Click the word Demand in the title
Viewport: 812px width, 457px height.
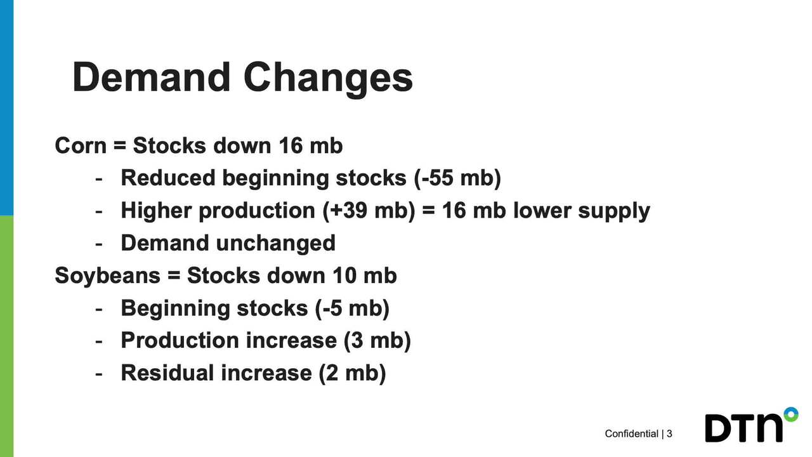click(152, 77)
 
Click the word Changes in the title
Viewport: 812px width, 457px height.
click(328, 80)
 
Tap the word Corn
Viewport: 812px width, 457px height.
click(81, 146)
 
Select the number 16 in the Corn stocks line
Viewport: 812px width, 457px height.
click(291, 146)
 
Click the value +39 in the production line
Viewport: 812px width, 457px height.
click(349, 210)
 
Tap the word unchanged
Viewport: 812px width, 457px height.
click(275, 243)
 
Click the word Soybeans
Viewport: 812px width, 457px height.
click(108, 275)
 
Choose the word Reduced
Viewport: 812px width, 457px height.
click(168, 178)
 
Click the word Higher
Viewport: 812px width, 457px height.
click(156, 210)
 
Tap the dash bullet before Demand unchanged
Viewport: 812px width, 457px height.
click(98, 244)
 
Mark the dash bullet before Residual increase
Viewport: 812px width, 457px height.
click(98, 374)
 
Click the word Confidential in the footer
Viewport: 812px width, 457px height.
click(631, 434)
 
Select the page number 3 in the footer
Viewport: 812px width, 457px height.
click(669, 434)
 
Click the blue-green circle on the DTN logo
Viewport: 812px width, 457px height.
click(791, 414)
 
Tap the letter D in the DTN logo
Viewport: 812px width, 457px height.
click(718, 428)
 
